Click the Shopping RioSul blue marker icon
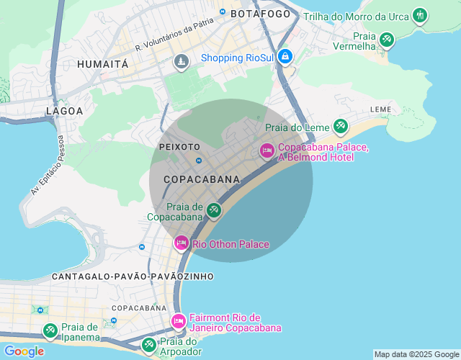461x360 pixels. coord(285,56)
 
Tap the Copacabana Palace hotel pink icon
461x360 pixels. coord(267,150)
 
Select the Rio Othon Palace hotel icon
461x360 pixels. coord(181,243)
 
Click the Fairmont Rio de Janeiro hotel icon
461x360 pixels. coord(178,320)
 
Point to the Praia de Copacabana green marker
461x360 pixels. coord(213,210)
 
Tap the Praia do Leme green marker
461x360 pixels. coord(340,127)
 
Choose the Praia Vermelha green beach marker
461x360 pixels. coord(387,39)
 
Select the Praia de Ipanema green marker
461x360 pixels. coord(50,330)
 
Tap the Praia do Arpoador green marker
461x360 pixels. coord(148,345)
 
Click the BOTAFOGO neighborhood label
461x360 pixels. coord(260,14)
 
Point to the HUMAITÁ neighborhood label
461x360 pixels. coord(102,64)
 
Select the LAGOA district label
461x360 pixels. coord(64,111)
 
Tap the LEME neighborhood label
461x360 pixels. coord(380,109)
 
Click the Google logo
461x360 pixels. coord(23,351)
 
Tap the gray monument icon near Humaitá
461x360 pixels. coord(181,63)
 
